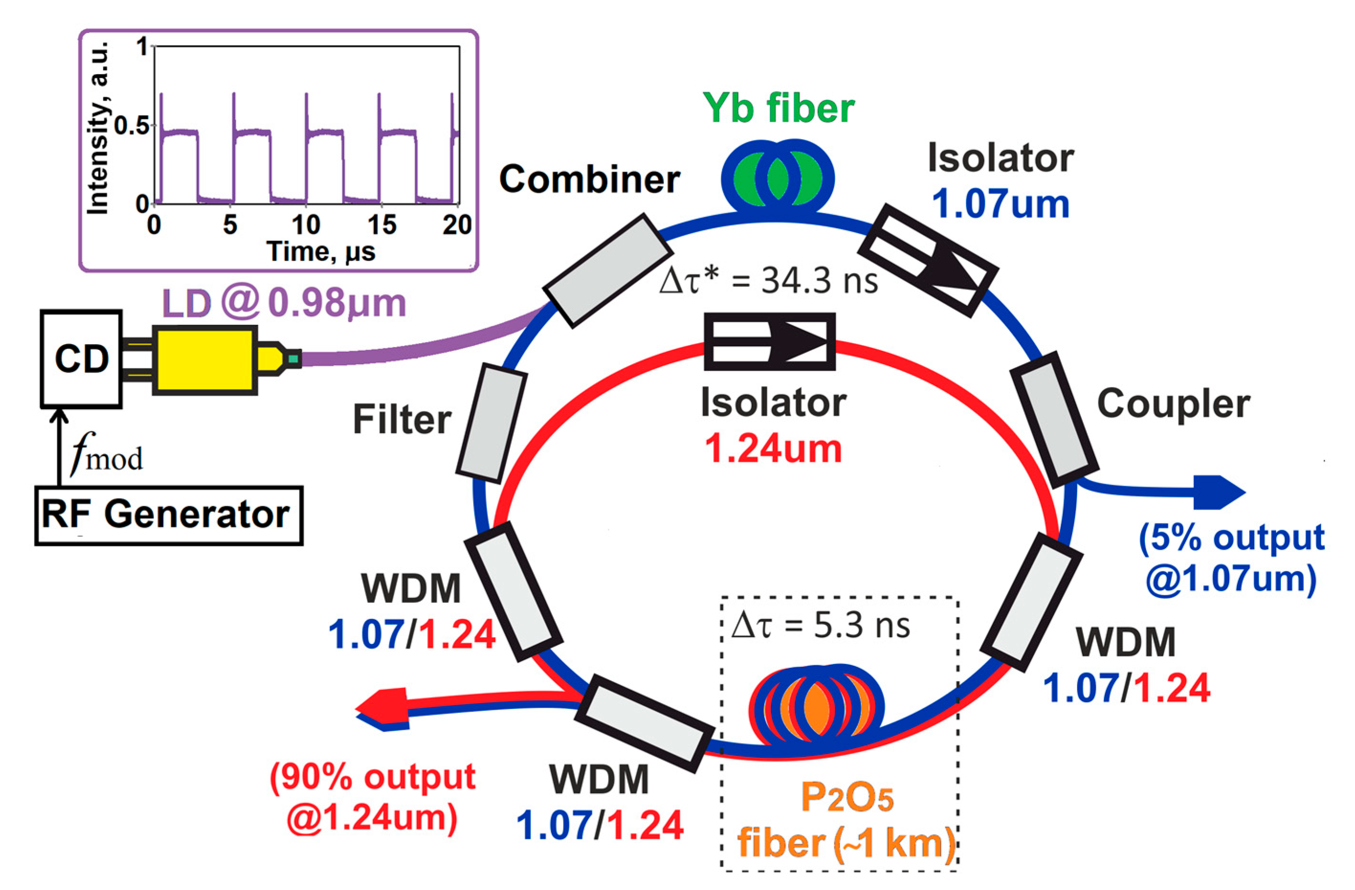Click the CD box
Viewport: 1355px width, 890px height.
[x=81, y=359]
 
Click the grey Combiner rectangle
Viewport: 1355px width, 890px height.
[x=608, y=271]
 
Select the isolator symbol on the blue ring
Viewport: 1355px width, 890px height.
[x=927, y=260]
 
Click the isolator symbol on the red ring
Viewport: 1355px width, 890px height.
[x=770, y=341]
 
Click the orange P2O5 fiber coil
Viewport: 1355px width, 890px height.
[x=815, y=705]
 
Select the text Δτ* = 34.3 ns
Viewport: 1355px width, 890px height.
[x=768, y=281]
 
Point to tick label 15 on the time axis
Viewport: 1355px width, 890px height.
[x=382, y=225]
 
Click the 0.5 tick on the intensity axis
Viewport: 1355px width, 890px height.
[x=132, y=126]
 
